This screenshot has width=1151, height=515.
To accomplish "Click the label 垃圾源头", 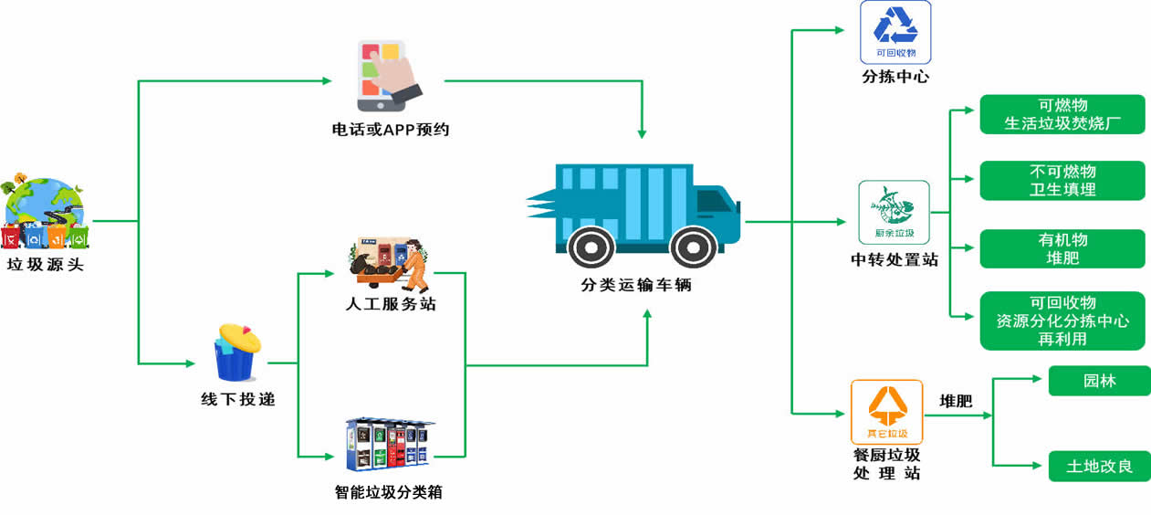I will [45, 267].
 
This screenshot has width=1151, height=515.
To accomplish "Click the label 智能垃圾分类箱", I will [389, 492].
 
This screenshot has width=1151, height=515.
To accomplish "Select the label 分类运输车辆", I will [636, 285].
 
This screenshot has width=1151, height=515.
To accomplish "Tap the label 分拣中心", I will [895, 77].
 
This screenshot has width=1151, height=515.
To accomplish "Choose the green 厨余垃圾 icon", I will [894, 212].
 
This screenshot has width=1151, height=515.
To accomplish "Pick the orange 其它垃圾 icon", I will [886, 412].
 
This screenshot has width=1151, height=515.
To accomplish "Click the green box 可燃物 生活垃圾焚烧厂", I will [1062, 114].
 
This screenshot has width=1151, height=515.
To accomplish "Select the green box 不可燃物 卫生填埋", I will [1062, 181].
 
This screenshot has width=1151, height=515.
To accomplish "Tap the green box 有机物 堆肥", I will [1062, 248].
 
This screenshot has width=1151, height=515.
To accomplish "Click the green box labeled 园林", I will [1099, 381].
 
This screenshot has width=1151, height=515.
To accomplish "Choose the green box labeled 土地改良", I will [1099, 467].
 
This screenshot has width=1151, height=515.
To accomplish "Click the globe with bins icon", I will [45, 213].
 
